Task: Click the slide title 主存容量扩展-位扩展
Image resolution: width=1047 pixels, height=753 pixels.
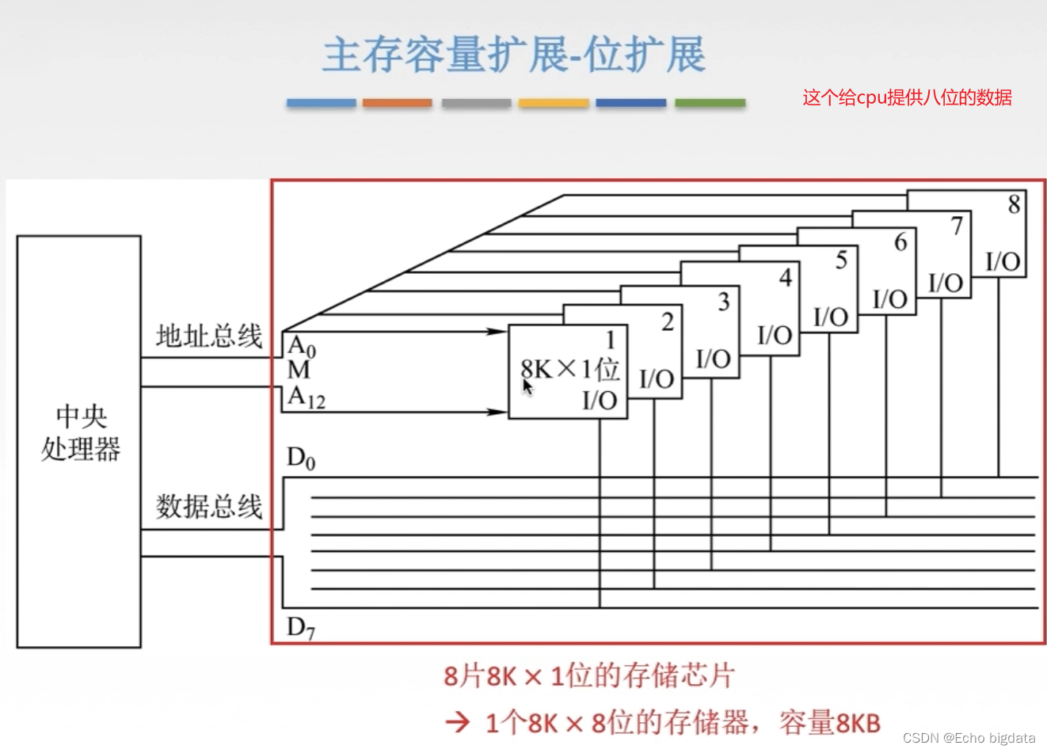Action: [x=513, y=55]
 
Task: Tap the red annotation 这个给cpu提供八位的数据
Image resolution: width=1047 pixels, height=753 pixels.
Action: [x=907, y=97]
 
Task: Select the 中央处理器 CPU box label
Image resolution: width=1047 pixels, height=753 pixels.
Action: [x=80, y=432]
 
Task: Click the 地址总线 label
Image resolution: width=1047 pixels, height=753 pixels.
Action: [x=208, y=336]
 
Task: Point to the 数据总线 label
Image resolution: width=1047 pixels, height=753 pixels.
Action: [x=208, y=506]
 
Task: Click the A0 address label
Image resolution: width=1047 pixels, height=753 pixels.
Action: [x=302, y=346]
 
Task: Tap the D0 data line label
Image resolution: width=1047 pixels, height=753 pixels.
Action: [x=301, y=458]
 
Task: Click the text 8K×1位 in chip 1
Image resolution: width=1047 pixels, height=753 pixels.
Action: [x=569, y=369]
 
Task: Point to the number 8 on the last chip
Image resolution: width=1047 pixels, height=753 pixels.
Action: [x=1013, y=204]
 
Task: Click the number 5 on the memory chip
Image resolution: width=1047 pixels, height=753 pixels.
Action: [x=841, y=260]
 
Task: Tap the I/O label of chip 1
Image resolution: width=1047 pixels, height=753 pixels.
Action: [x=600, y=401]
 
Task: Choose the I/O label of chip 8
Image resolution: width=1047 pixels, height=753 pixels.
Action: [x=1002, y=261]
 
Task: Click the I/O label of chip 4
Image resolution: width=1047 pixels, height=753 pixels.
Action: [x=774, y=336]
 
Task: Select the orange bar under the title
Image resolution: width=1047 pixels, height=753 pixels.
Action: [x=397, y=103]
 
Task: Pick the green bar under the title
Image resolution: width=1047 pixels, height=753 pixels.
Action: [x=710, y=103]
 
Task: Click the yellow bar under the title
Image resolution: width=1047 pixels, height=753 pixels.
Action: [x=554, y=103]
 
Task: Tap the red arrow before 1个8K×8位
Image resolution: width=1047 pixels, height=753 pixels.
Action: [x=458, y=721]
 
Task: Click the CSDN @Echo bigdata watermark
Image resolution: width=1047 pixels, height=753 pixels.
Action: [x=969, y=738]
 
